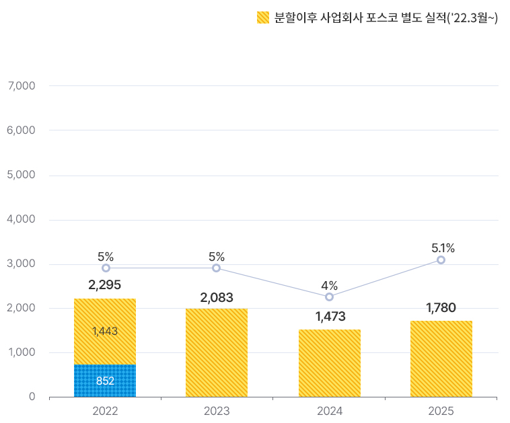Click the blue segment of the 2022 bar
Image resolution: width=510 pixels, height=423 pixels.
[105, 381]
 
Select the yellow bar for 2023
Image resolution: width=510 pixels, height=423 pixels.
[217, 353]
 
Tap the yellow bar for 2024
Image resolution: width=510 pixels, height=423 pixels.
[329, 363]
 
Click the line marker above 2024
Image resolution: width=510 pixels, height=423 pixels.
[329, 297]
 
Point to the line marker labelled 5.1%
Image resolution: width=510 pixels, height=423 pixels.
[441, 260]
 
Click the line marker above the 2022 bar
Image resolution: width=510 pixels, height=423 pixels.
[106, 268]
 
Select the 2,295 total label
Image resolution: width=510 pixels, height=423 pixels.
[104, 285]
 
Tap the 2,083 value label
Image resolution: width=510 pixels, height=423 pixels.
[217, 297]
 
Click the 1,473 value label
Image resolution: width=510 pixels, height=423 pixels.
[330, 317]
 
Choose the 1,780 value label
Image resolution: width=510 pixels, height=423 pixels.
[441, 308]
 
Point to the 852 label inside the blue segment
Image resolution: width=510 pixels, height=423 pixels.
[105, 381]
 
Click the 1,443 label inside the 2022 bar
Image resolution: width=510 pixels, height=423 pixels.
[105, 331]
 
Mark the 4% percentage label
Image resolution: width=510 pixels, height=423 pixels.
[329, 285]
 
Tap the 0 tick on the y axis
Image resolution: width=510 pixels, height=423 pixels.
[32, 397]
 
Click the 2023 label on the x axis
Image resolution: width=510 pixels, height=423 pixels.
[217, 411]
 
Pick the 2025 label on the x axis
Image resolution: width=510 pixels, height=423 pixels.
[441, 411]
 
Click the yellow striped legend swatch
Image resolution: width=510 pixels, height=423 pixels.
[263, 18]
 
